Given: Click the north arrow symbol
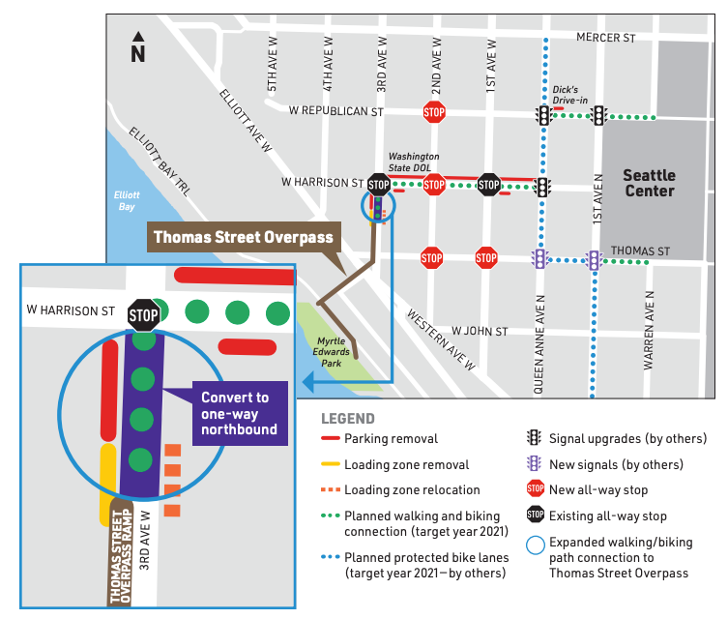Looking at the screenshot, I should pos(137,47).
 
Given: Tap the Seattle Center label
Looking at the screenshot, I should pos(649,183).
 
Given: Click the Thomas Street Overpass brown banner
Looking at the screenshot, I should pos(243,237).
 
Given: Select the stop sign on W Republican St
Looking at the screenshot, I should pos(433,111).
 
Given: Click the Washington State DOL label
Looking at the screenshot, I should pos(413,161).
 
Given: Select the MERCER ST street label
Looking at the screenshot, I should pos(605,37).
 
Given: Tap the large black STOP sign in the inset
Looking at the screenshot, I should pos(144,314).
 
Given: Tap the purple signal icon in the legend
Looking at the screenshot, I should pos(534,464).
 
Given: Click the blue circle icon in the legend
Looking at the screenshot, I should pos(534,543).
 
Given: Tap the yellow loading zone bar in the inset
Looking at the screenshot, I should pos(107,484).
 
